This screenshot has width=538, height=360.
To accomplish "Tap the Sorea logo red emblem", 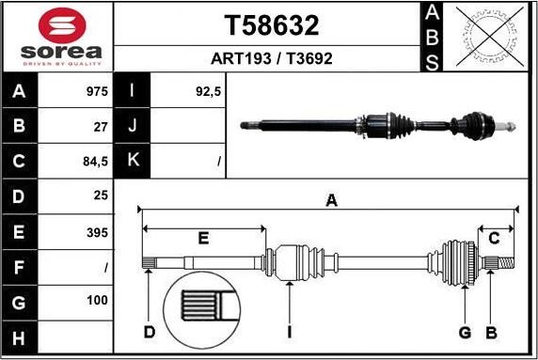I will [56, 25].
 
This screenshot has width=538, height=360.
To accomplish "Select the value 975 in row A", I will [97, 92].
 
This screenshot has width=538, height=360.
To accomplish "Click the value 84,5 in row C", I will [96, 162].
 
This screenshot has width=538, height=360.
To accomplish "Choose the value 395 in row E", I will [97, 232].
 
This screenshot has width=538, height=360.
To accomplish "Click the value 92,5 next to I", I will [208, 92].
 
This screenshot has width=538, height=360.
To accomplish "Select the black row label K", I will [133, 161].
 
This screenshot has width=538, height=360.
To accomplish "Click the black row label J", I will [133, 126].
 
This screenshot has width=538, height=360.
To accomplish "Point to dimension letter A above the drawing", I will [331, 199].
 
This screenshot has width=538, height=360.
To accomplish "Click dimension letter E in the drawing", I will [203, 238].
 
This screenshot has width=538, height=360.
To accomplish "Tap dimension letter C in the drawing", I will [492, 238].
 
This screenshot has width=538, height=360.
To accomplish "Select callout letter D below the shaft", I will [149, 331].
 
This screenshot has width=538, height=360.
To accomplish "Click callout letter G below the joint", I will [464, 331].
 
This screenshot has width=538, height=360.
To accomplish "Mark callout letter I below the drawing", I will [290, 331].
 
